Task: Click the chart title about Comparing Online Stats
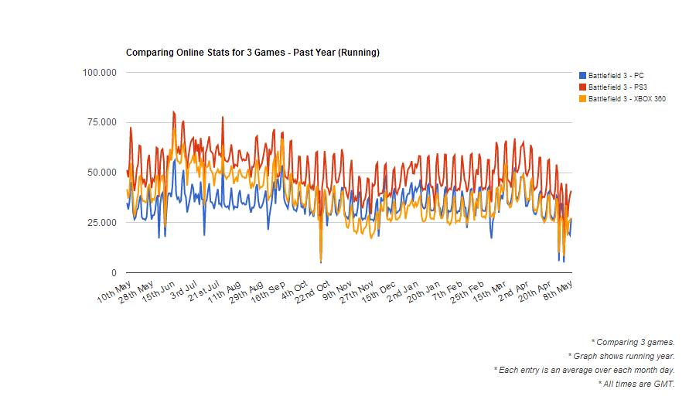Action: point(252,53)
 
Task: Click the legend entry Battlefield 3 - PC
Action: point(616,75)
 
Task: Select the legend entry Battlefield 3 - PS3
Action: point(617,87)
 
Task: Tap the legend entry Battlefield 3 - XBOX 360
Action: point(626,99)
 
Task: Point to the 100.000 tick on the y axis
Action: point(99,73)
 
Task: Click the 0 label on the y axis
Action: point(114,273)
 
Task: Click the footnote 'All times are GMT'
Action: point(636,384)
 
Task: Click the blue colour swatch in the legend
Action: point(582,75)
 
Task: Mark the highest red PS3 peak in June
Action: point(173,111)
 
